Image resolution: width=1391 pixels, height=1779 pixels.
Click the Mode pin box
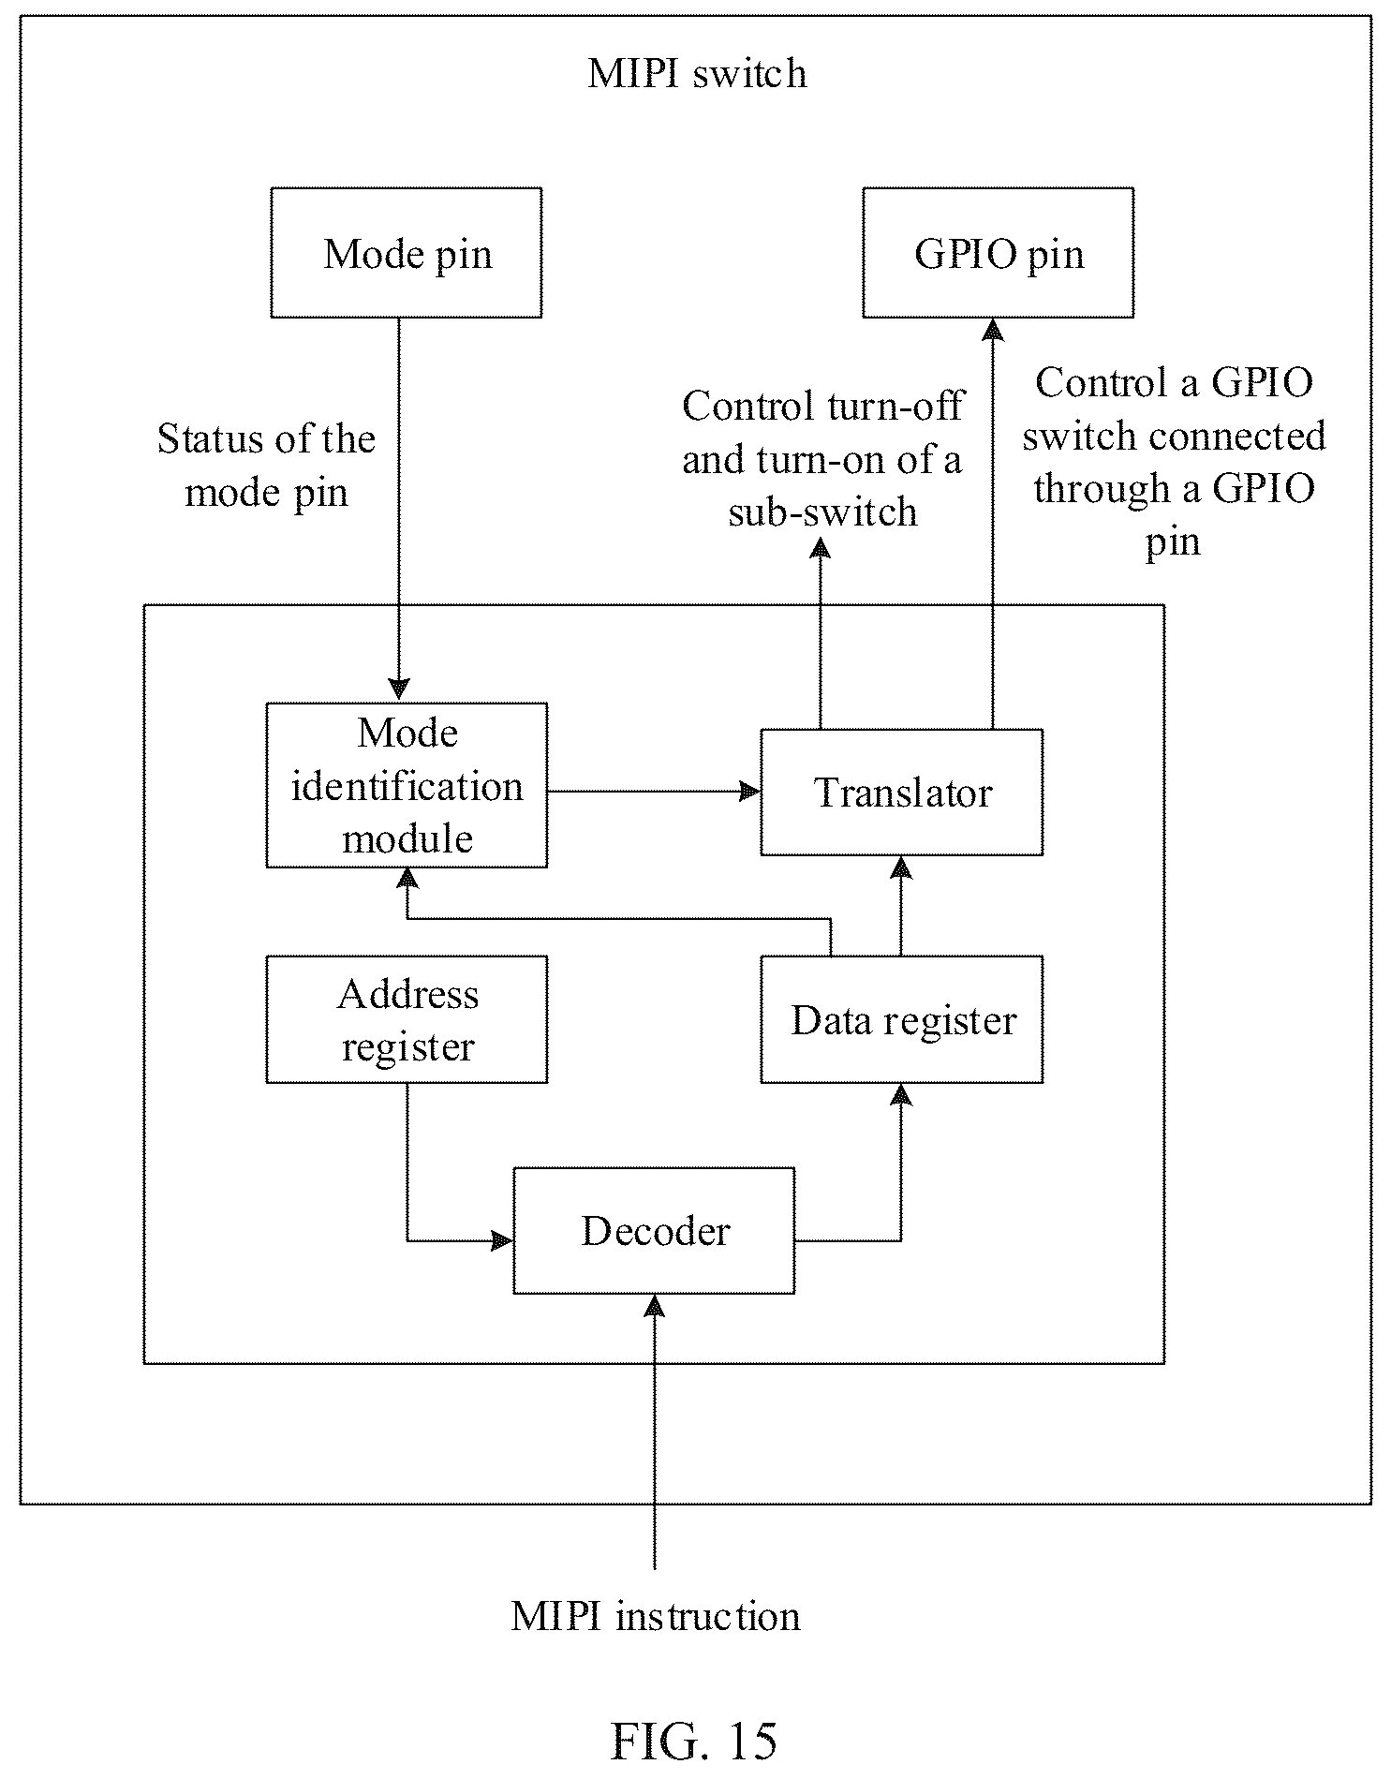(406, 253)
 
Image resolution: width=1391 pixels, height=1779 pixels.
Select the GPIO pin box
(998, 253)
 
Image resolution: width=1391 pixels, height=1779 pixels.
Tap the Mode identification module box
(407, 785)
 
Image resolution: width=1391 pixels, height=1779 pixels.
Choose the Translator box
(901, 793)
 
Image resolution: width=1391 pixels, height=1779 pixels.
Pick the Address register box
(407, 1019)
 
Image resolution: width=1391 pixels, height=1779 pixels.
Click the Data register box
(901, 1019)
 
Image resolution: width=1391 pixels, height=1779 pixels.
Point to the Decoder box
(654, 1231)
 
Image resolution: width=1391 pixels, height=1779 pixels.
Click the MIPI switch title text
(697, 73)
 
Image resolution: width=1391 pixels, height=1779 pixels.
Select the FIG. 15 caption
(694, 1741)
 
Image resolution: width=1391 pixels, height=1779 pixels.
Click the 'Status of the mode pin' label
(266, 466)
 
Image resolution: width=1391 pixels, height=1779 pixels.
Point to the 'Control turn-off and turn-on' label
(821, 458)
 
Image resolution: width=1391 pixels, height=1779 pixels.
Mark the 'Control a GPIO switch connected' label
(1174, 461)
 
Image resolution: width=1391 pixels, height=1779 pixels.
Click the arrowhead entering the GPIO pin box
(993, 330)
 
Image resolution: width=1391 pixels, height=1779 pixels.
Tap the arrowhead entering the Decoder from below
(655, 1306)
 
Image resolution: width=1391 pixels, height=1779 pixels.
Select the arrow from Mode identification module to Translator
(654, 792)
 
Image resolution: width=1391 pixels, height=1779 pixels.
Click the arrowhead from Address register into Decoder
(502, 1241)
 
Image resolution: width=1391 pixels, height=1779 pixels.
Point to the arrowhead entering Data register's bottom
(901, 1095)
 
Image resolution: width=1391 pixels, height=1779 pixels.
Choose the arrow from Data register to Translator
(901, 906)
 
